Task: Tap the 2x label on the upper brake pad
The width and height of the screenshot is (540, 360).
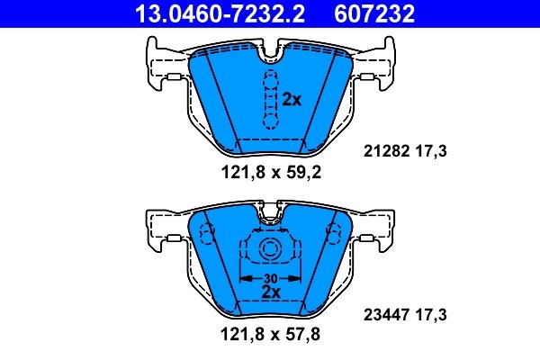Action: pos(291,99)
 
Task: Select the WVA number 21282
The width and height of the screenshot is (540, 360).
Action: pos(384,153)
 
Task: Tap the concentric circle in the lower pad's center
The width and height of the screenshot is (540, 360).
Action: pos(267,252)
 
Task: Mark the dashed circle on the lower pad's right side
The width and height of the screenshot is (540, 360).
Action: pos(334,235)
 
